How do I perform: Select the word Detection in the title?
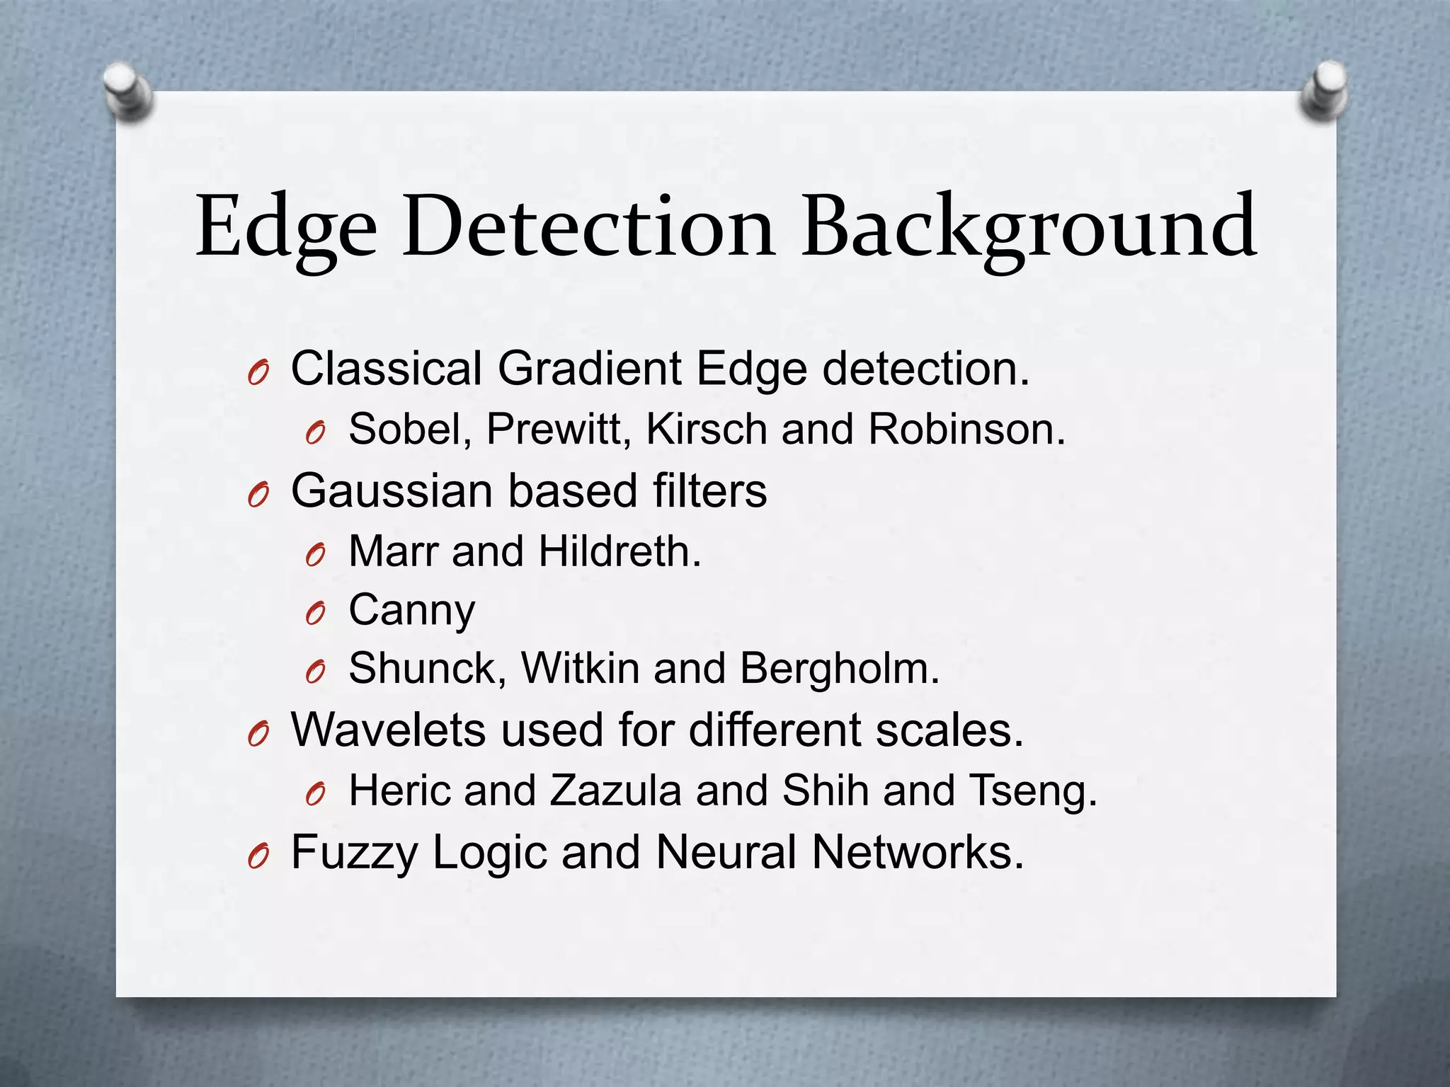589,226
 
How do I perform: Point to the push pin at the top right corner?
1323,91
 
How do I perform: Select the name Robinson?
966,430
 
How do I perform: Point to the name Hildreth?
619,552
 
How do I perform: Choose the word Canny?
412,611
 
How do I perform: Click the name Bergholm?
839,669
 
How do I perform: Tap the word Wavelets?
388,730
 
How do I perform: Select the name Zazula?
615,790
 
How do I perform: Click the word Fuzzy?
354,853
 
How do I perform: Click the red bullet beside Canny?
315,614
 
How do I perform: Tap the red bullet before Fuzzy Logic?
258,857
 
